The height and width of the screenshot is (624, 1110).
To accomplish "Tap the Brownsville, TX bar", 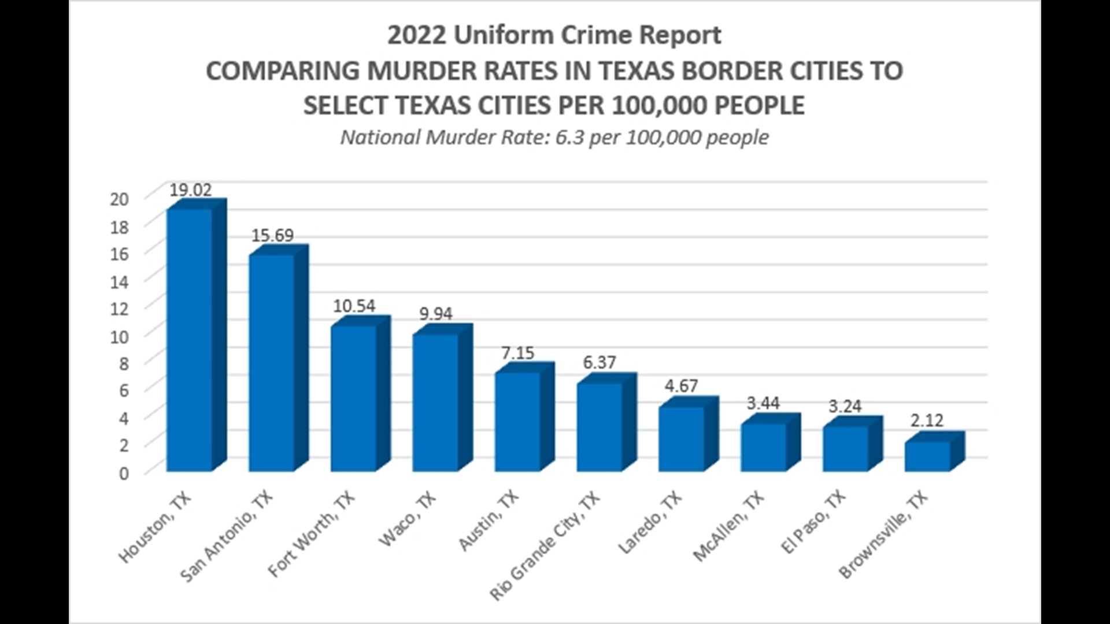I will (x=927, y=456).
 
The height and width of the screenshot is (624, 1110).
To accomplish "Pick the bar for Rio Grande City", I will (x=600, y=427).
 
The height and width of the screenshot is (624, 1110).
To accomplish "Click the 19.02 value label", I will (x=190, y=190).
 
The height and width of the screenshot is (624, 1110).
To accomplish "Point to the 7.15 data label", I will (x=517, y=352).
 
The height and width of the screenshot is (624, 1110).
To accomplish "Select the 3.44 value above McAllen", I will (x=763, y=403).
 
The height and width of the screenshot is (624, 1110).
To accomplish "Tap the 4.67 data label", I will (x=681, y=385).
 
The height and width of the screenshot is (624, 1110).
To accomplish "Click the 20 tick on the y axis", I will (x=119, y=199).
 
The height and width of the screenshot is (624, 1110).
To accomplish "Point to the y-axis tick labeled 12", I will (x=119, y=309).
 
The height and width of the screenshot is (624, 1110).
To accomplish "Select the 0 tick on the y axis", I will (x=124, y=473).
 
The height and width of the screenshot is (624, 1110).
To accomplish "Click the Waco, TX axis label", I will (x=408, y=519).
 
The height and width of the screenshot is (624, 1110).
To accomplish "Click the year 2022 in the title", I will (x=416, y=35).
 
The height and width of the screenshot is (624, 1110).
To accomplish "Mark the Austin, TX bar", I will (x=517, y=421).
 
